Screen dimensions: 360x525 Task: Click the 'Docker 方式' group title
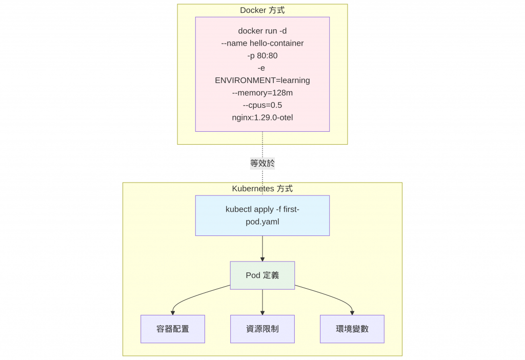point(262,10)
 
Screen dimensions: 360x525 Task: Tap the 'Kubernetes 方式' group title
point(262,189)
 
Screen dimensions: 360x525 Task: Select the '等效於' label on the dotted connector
point(262,164)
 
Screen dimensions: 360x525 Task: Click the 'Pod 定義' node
point(262,275)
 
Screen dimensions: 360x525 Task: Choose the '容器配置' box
point(173,329)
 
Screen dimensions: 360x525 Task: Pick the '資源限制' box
point(262,329)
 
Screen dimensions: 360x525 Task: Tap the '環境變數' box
point(352,329)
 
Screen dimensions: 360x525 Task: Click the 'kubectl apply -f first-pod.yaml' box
point(262,215)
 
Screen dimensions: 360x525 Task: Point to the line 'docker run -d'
point(262,31)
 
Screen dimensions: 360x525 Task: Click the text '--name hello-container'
point(262,43)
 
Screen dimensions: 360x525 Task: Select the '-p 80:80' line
point(262,55)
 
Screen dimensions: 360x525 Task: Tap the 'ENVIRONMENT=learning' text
point(262,81)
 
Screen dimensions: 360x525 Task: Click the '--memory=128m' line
point(262,93)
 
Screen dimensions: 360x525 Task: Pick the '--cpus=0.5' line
point(262,105)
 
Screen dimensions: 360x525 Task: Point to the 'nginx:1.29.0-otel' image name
point(262,117)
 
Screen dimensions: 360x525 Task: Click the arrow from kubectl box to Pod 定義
point(262,249)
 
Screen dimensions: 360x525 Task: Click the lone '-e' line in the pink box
point(262,68)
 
